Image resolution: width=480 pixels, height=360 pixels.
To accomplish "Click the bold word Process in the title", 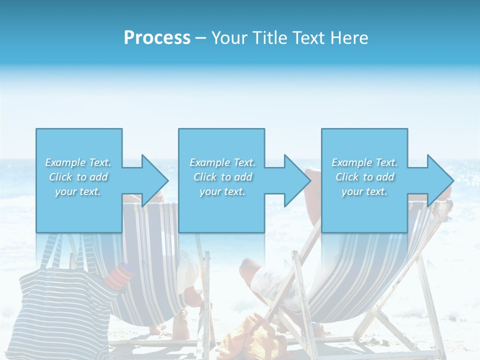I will click(x=157, y=38).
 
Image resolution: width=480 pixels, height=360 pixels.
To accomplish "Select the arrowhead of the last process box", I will click(x=439, y=180).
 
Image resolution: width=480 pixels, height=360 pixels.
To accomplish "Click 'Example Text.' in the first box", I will click(x=78, y=162).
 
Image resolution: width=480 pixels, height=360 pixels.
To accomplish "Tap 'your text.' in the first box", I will click(x=78, y=191).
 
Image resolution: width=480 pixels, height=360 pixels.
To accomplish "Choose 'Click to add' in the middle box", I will click(x=222, y=177).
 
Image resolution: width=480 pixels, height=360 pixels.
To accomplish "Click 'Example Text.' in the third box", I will click(x=364, y=162).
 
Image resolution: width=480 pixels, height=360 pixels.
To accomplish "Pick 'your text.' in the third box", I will click(x=364, y=191).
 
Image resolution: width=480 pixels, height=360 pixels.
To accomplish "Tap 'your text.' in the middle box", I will click(x=222, y=191).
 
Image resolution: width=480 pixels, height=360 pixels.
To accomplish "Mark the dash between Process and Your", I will click(x=200, y=38).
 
